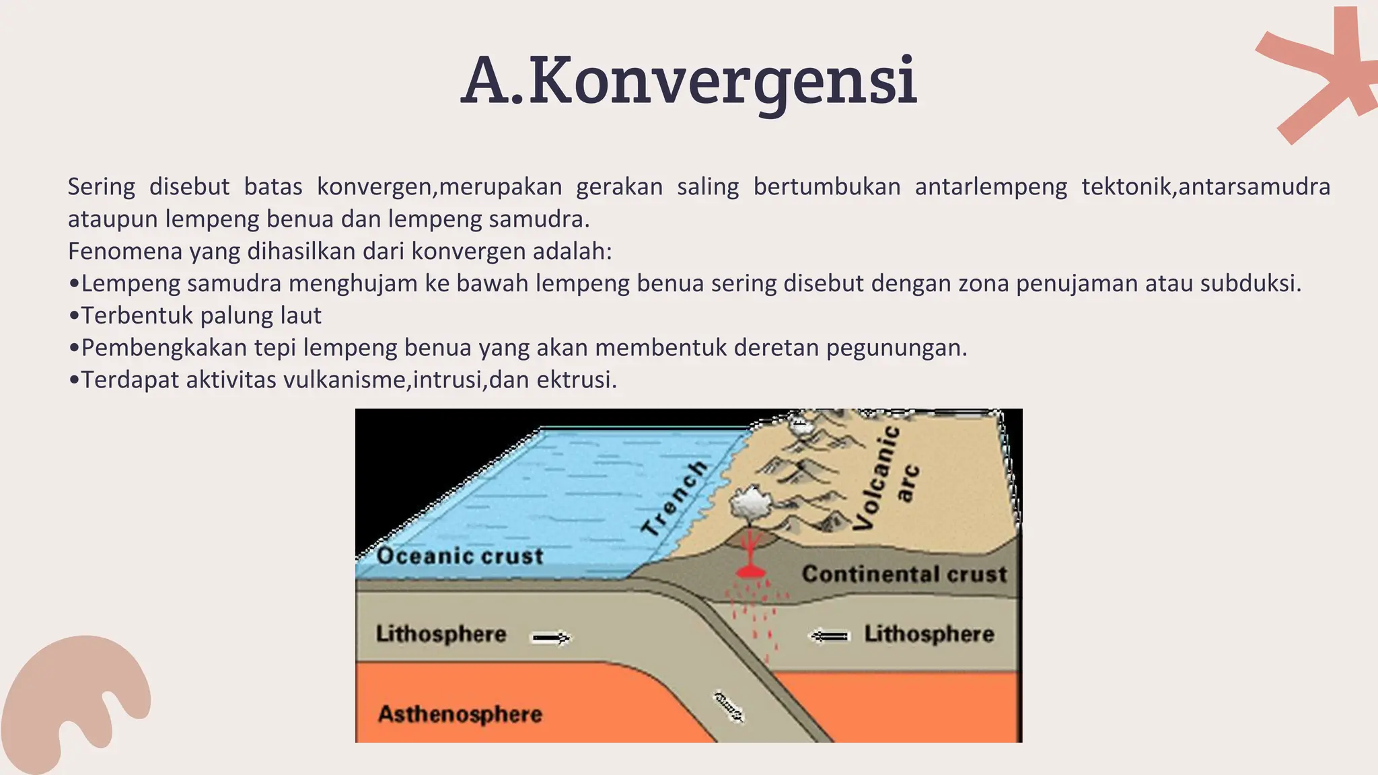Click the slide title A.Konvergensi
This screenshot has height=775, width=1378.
tap(689, 82)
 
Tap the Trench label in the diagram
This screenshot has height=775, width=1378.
tap(675, 498)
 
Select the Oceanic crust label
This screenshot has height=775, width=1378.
tap(460, 556)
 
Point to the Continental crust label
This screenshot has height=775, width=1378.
tap(904, 574)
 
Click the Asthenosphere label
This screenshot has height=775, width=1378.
tap(460, 714)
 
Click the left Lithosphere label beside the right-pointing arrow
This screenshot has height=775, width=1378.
tap(441, 634)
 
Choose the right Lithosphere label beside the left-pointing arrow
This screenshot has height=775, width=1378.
tap(929, 634)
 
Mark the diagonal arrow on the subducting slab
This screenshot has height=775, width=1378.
tap(728, 706)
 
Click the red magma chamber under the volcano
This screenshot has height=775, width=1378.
tap(750, 571)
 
